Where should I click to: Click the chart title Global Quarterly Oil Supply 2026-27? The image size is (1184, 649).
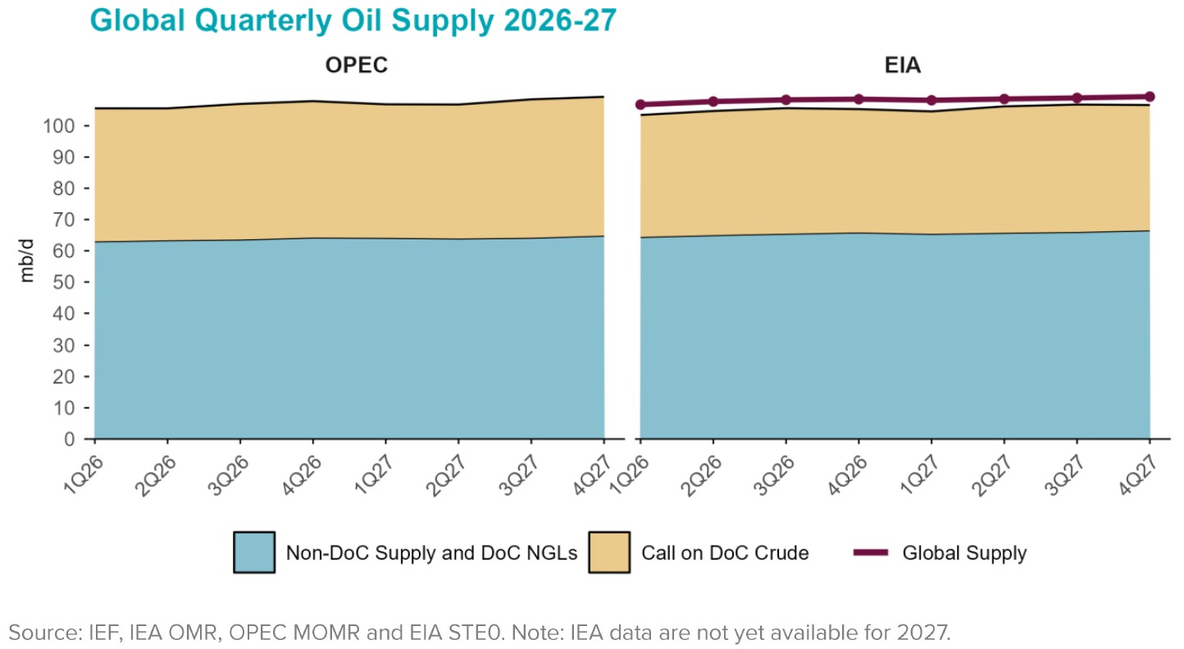tap(353, 20)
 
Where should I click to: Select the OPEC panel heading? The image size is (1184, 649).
tap(356, 66)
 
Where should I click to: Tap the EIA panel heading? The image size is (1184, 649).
tap(902, 66)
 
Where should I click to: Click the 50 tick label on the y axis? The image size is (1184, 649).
tap(66, 283)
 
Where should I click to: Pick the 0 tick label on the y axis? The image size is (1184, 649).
tap(71, 439)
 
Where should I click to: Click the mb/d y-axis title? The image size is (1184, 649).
tap(28, 259)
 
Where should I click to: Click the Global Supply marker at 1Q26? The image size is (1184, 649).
tap(640, 105)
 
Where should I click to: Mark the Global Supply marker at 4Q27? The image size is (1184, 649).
tap(1150, 97)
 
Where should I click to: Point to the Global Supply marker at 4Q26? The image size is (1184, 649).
tap(858, 99)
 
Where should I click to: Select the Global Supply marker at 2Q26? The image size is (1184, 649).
tap(713, 102)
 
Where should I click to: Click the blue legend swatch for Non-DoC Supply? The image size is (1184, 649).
tap(254, 552)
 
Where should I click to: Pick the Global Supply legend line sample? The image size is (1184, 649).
tap(871, 552)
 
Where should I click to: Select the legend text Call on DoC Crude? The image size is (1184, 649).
tap(725, 553)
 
